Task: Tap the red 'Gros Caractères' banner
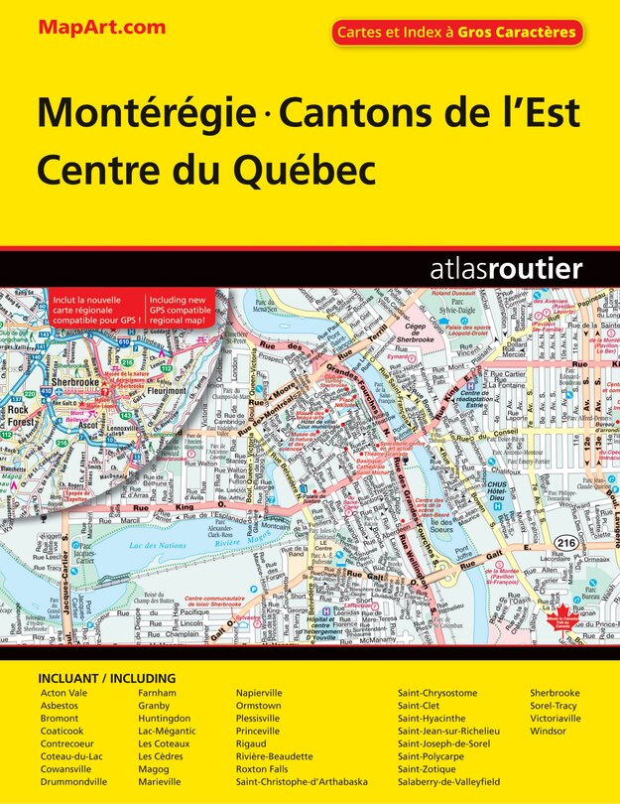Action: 456,33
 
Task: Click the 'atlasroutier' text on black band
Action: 506,268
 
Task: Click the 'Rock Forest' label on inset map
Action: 19,414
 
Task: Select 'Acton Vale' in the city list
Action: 63,692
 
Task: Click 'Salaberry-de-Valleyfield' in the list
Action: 449,782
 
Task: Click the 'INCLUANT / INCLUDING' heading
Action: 107,678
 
